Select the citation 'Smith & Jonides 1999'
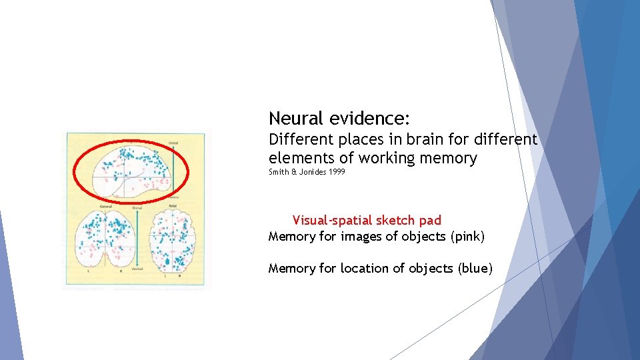coord(307,172)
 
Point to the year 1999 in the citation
coord(337,172)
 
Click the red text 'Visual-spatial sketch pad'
coord(367,220)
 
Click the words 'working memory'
coord(417,158)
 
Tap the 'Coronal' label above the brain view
coord(105,207)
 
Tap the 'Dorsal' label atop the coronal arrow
coord(137,207)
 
